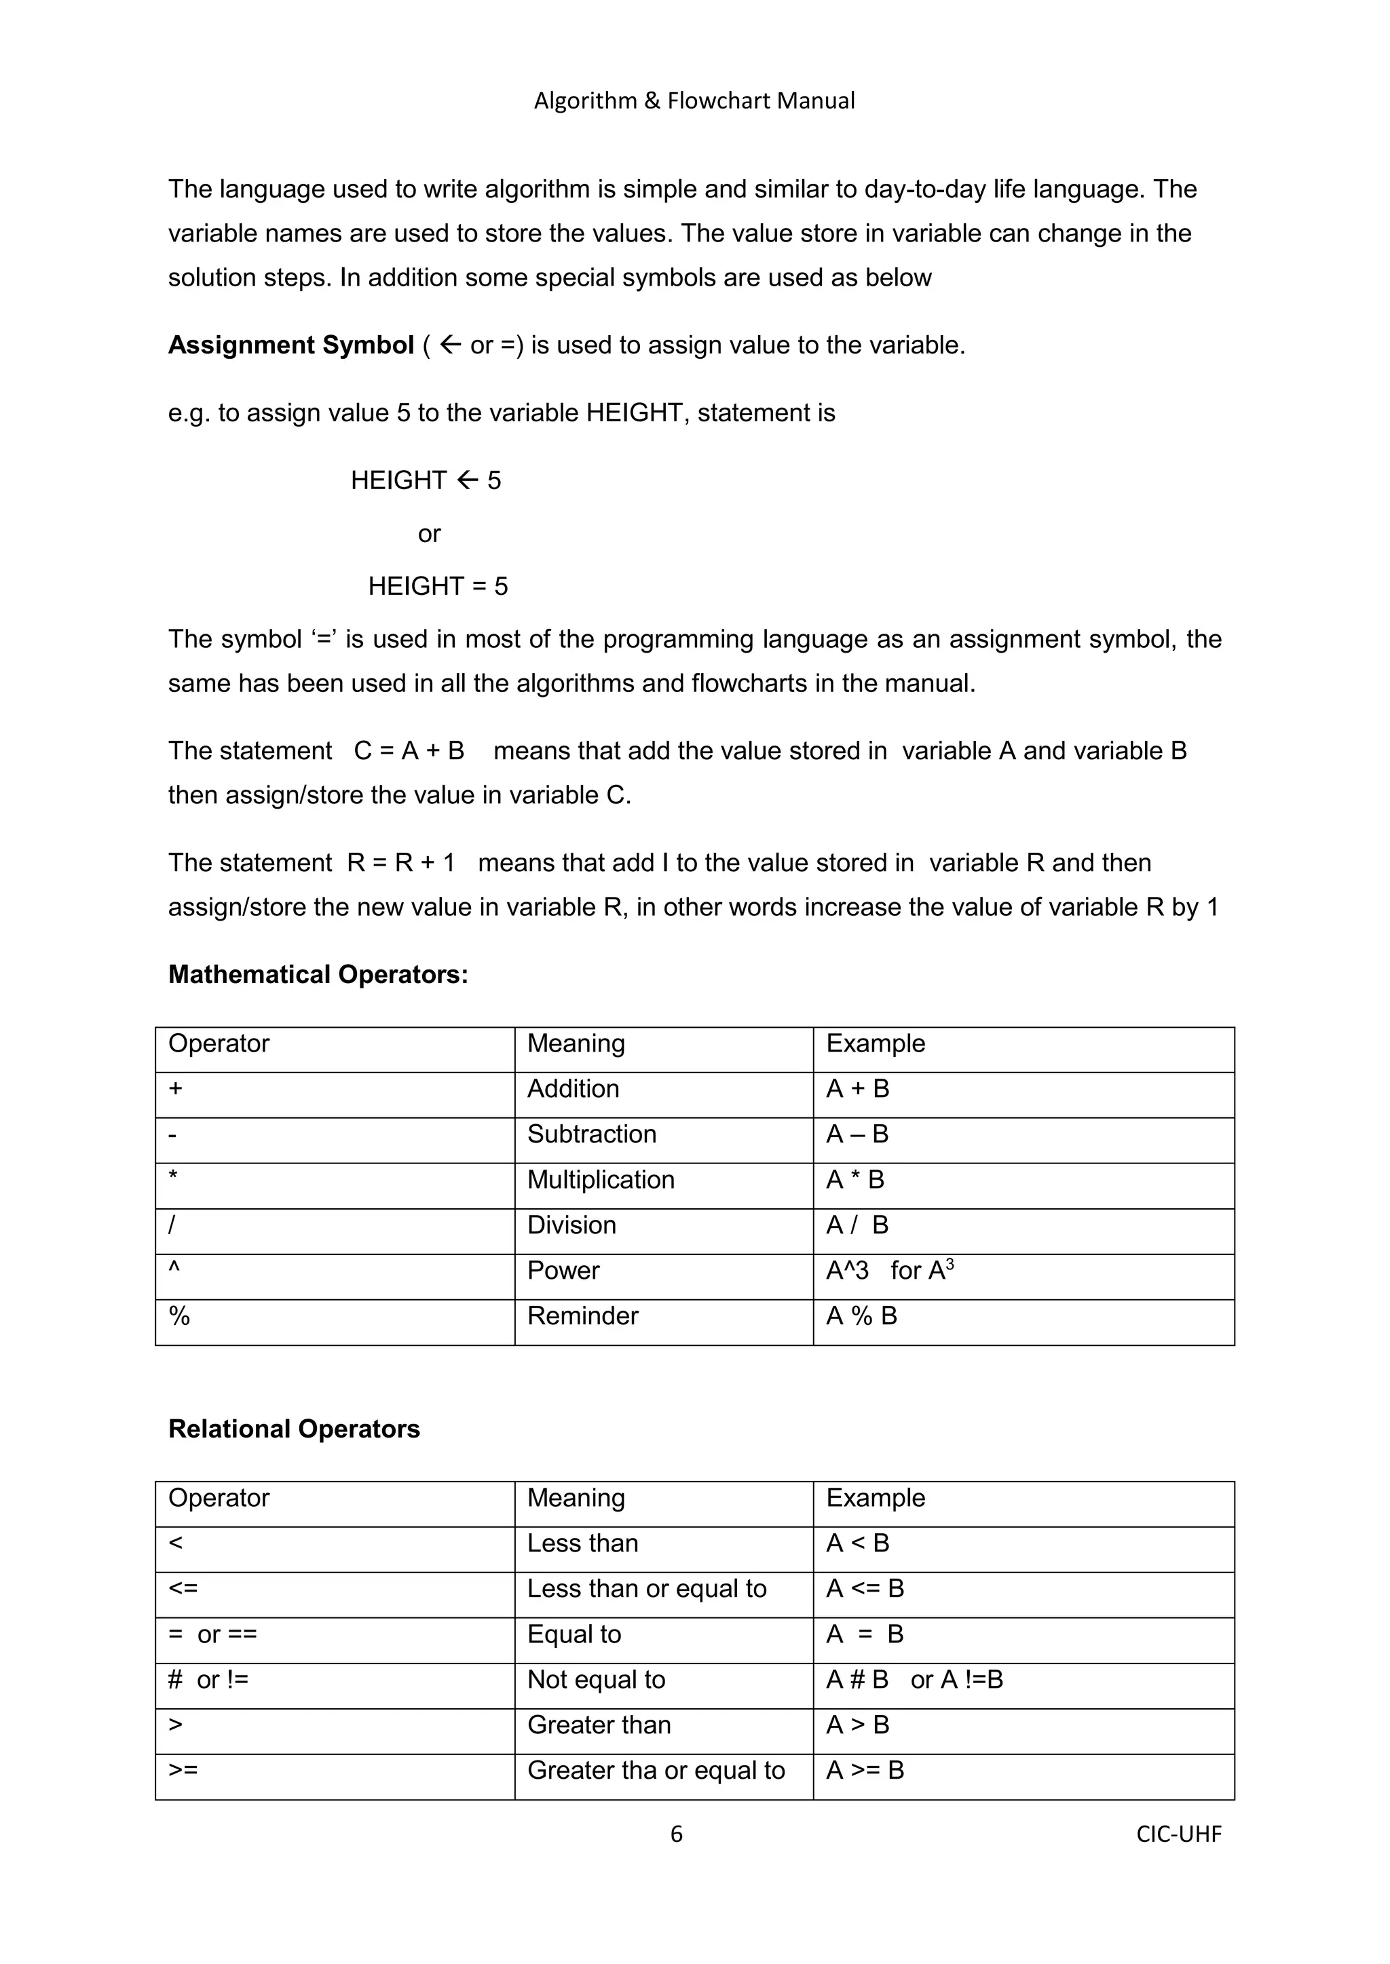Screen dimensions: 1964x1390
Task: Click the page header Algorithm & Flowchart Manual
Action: point(694,101)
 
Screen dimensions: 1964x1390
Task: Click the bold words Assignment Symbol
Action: point(291,345)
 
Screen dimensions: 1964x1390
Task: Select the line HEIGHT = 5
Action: point(437,586)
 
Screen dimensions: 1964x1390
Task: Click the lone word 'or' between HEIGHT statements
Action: point(429,534)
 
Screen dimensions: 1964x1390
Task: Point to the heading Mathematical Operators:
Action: point(318,974)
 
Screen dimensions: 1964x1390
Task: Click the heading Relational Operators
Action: point(294,1429)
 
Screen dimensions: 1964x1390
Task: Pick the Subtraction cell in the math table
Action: point(591,1134)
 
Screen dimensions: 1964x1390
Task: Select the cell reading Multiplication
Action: point(601,1180)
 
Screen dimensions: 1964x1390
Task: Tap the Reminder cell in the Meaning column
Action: point(583,1315)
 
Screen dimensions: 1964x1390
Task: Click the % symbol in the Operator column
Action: point(179,1315)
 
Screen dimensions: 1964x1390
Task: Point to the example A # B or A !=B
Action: point(914,1679)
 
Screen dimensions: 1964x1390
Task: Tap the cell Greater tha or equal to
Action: point(656,1770)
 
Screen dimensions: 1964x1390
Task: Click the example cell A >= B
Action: point(865,1770)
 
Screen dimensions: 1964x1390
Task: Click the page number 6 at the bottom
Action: point(676,1834)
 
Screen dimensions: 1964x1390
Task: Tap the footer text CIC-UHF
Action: point(1179,1834)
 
